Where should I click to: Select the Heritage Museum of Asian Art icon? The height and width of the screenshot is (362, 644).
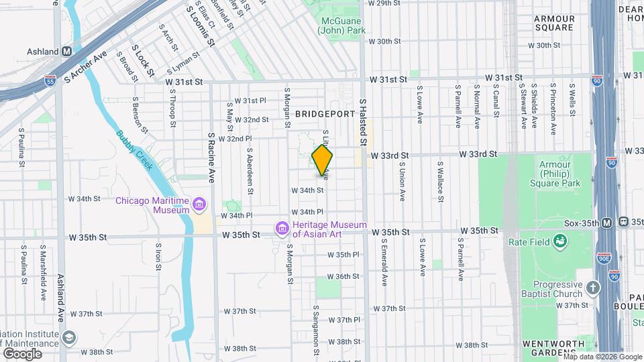(282, 229)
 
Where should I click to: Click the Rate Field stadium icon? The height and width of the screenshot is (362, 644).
(559, 241)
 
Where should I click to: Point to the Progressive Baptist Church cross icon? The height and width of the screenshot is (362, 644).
(592, 288)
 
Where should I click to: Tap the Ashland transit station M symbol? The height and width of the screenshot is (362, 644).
(67, 51)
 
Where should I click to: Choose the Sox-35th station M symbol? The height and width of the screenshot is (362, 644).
(606, 223)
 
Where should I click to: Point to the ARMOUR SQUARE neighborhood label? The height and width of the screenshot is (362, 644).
(554, 23)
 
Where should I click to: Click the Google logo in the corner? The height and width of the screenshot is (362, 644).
(23, 353)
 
